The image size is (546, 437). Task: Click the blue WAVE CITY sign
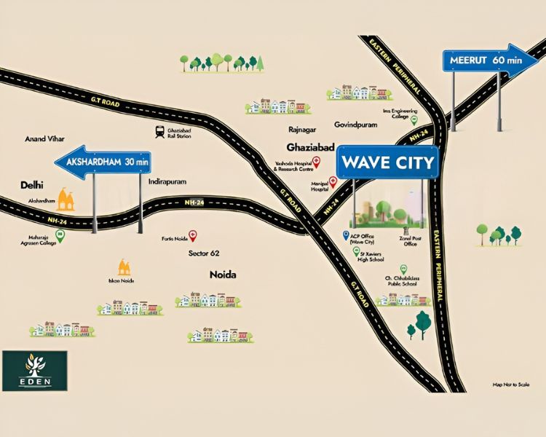point(387,162)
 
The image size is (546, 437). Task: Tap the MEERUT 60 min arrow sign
point(484,61)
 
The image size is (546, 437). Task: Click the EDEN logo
point(34,369)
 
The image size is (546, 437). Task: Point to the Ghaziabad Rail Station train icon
point(159,132)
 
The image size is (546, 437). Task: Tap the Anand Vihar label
point(45,138)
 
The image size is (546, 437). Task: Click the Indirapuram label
point(167,181)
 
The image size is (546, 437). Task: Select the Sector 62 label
point(204,253)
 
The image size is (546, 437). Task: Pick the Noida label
point(223,275)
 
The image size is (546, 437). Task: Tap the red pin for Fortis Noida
point(193,235)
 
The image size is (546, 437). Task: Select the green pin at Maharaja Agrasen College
point(60,235)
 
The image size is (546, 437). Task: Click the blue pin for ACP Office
point(347,235)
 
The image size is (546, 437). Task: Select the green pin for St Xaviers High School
point(356,251)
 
